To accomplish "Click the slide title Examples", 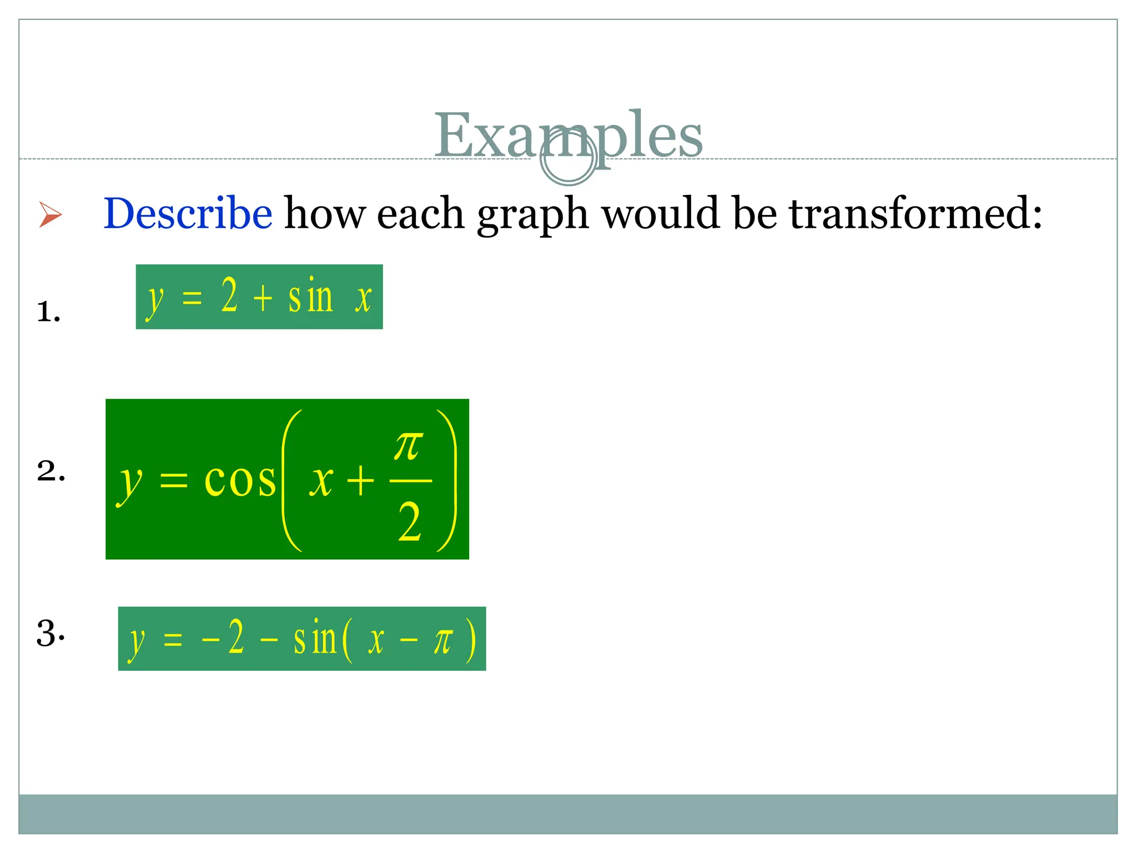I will click(567, 135).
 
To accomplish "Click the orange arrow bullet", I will click(50, 214).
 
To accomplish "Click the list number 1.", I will click(48, 312).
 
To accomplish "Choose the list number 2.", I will click(51, 471).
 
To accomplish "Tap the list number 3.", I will click(50, 633).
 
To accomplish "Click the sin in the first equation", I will click(310, 297).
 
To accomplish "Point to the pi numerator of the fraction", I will click(409, 446).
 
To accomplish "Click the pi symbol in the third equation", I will click(443, 641).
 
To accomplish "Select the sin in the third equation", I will click(315, 639).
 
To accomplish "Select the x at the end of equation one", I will click(363, 298).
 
